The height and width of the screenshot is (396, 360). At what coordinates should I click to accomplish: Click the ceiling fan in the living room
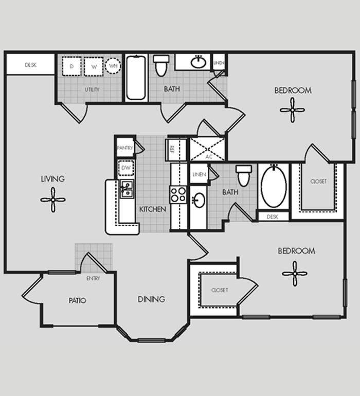point(53,200)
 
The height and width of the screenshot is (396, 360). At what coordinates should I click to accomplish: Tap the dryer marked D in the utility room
point(72,66)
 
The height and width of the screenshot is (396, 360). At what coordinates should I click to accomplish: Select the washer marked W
point(94,67)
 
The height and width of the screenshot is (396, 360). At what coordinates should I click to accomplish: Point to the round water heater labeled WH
point(113,66)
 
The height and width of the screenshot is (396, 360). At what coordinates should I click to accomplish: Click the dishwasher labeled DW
point(126,168)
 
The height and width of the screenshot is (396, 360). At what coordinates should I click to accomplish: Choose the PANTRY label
point(125,148)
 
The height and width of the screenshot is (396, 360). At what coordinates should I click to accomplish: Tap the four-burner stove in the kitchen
point(178,194)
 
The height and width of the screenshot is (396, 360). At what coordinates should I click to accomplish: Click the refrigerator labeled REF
point(173,150)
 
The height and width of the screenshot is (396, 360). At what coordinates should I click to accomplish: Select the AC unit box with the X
point(207,149)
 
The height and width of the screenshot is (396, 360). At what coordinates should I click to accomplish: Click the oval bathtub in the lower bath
point(274,187)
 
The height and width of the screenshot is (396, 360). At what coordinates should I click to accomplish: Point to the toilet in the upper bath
point(161,66)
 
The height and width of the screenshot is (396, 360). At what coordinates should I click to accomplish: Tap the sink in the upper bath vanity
point(199,62)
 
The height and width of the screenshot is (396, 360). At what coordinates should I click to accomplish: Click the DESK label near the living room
point(31,65)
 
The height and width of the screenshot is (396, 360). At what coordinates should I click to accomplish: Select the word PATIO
point(78,300)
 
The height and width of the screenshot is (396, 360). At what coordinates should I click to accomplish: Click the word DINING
point(151,299)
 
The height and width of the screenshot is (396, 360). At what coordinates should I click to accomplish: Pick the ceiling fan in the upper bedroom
point(292,110)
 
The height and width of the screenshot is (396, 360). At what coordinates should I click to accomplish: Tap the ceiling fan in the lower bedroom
point(295,274)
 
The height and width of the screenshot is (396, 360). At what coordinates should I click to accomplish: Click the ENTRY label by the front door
point(93,278)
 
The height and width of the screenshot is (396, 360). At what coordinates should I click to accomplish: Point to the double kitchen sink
point(127,189)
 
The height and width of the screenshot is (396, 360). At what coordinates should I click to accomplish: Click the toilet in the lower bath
point(244,176)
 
